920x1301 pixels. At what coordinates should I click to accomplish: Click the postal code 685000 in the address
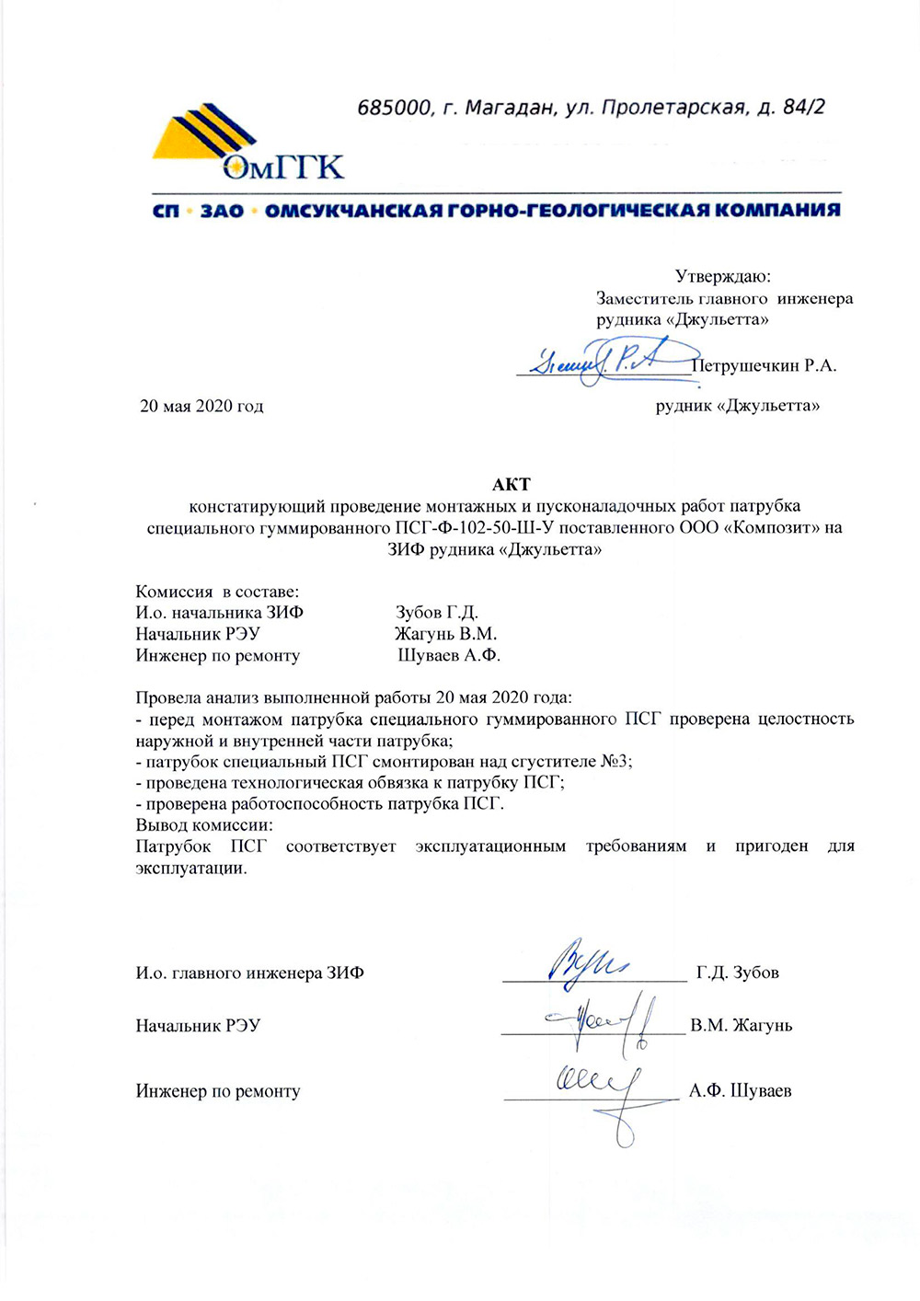point(394,108)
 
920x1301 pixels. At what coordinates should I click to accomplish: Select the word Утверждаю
point(722,276)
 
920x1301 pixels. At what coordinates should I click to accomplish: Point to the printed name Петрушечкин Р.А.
point(764,366)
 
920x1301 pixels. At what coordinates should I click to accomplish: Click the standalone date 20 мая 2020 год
point(201,406)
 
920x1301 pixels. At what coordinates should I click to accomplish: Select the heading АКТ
point(511,484)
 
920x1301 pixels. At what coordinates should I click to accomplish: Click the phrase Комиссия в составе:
point(217,592)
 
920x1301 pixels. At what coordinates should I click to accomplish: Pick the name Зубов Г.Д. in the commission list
point(437,613)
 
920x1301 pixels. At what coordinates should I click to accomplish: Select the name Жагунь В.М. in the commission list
point(446,634)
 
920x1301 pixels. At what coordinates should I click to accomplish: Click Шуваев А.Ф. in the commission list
point(449,656)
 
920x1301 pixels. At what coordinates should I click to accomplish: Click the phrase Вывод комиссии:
point(204,825)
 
